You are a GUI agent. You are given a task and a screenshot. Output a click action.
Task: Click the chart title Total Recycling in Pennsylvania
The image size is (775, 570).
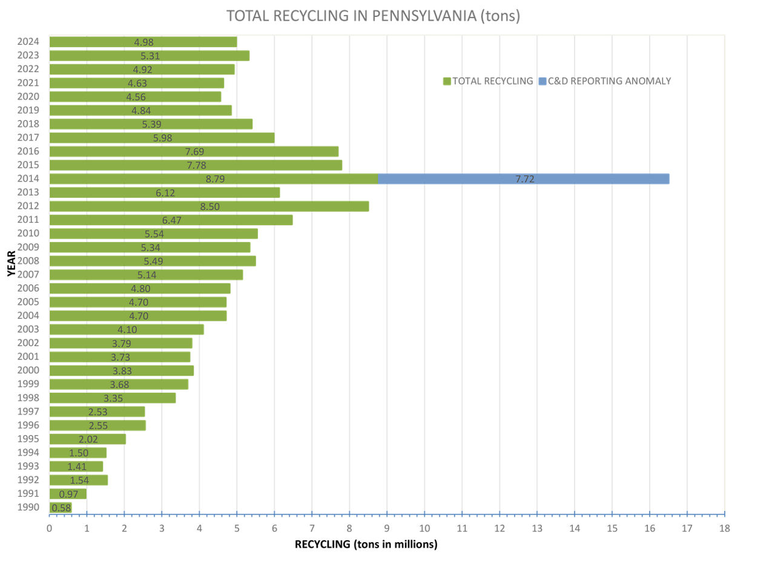(373, 16)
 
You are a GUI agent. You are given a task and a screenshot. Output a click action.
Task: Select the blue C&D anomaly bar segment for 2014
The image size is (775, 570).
(523, 179)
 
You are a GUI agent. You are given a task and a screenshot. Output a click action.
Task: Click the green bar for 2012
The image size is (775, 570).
(209, 206)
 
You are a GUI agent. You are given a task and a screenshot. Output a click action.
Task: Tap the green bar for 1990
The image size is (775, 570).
(61, 508)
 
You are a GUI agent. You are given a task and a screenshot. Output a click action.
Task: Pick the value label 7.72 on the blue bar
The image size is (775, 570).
(525, 179)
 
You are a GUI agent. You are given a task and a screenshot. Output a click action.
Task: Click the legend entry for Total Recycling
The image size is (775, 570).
(488, 81)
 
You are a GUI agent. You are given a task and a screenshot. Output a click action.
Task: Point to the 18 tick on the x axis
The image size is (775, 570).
(724, 528)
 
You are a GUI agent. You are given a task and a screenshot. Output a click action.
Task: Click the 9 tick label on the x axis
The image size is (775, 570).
(387, 528)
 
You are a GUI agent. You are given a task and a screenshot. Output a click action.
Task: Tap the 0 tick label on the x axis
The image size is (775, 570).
(50, 528)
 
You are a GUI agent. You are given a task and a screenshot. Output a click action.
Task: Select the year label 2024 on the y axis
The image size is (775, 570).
(29, 42)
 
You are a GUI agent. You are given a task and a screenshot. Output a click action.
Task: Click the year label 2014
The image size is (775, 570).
(29, 179)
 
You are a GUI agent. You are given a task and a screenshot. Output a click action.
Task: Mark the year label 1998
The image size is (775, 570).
(29, 398)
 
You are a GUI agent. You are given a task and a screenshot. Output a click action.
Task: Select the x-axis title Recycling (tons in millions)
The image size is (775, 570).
(366, 544)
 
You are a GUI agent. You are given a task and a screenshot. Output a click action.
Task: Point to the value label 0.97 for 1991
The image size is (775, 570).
(69, 494)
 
